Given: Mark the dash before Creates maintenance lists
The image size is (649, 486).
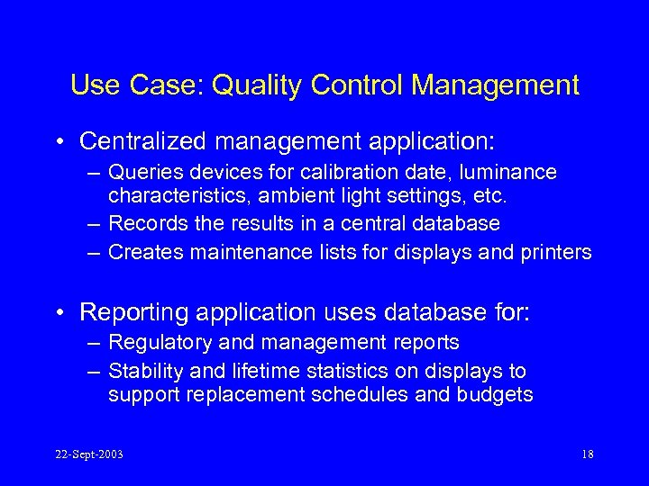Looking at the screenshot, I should (x=93, y=252).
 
